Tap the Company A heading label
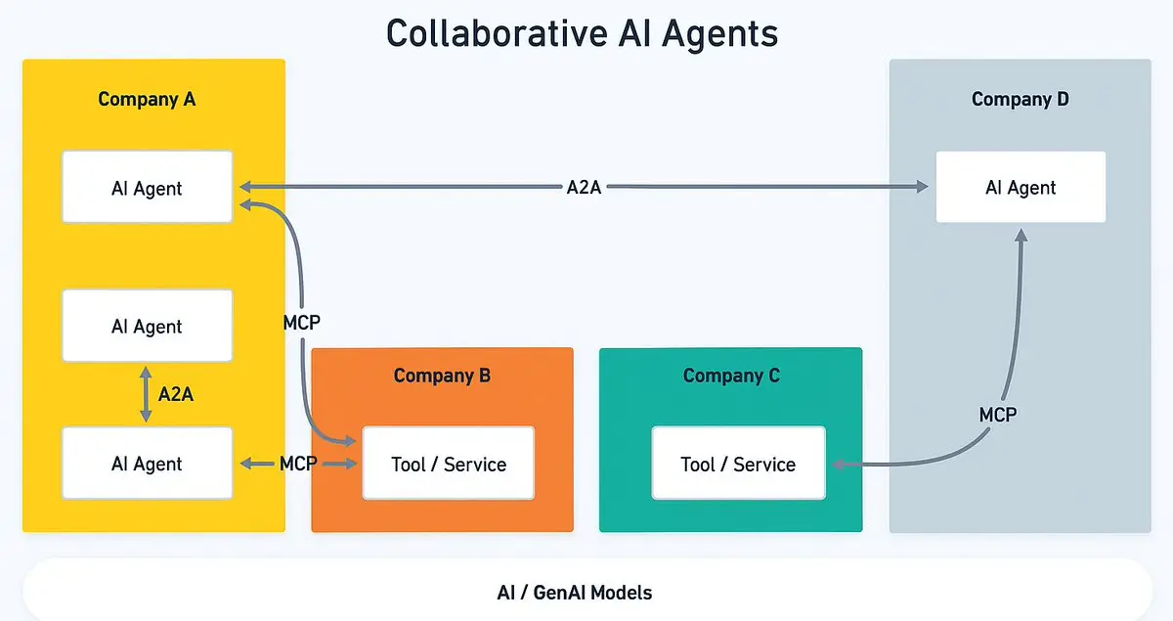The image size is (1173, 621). [147, 99]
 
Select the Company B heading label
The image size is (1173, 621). [442, 376]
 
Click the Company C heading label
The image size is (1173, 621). [731, 376]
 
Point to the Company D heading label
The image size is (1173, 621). [1020, 99]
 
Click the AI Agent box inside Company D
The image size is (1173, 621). [1021, 187]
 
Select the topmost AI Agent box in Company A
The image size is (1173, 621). [147, 187]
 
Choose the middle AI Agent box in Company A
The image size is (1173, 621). [147, 326]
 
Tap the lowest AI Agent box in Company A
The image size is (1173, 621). [147, 464]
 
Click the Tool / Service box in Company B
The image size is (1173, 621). [449, 464]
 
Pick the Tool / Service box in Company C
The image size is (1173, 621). [738, 464]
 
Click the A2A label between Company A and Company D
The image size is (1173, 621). [584, 187]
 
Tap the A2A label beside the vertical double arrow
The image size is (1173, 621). [176, 394]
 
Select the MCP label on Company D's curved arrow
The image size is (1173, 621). [998, 415]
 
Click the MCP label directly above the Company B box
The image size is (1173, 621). [301, 322]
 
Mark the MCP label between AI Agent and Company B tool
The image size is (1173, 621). [297, 464]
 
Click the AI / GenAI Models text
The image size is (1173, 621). [574, 592]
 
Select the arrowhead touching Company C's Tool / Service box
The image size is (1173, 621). [837, 465]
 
